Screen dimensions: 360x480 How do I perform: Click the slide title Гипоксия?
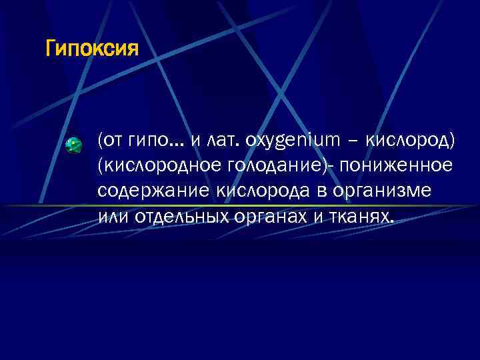click(x=92, y=49)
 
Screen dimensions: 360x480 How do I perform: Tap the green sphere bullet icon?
click(x=74, y=145)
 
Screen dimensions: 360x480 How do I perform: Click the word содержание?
click(x=153, y=191)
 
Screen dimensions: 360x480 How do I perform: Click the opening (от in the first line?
click(x=109, y=141)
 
